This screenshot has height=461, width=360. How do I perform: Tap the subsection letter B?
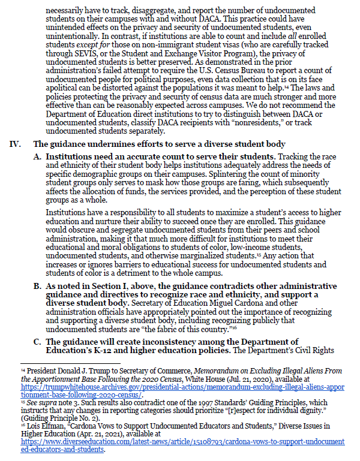point(37,287)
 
